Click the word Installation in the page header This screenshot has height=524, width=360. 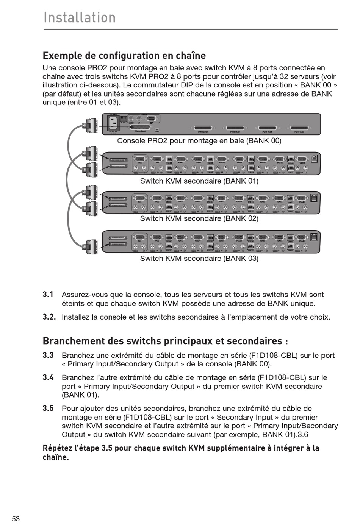(80, 18)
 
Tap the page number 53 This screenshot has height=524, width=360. (16, 519)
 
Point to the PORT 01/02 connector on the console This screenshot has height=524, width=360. (299, 128)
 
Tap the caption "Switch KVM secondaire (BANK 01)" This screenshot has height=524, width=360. (199, 181)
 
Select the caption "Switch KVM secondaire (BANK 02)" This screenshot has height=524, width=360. (199, 218)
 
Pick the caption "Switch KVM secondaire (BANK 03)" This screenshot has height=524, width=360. (199, 259)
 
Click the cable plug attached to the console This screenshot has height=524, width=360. (91, 126)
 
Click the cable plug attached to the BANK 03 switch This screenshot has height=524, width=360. (91, 247)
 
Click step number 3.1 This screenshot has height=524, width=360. (48, 295)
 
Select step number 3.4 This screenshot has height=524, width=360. (48, 377)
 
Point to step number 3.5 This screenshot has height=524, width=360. (48, 409)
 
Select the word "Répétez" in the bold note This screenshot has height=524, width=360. (57, 448)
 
